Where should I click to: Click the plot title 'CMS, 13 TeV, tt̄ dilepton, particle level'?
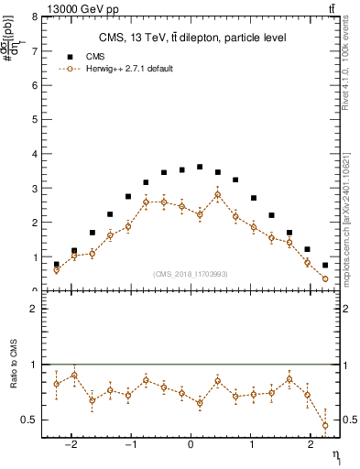191,38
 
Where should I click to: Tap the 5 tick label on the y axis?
34,120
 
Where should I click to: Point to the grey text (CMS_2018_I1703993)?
191,274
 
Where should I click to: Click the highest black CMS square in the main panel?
200,167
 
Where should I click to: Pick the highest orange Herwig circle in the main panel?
217,194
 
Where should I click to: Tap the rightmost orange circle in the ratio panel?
325,425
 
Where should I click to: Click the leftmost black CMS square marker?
57,264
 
